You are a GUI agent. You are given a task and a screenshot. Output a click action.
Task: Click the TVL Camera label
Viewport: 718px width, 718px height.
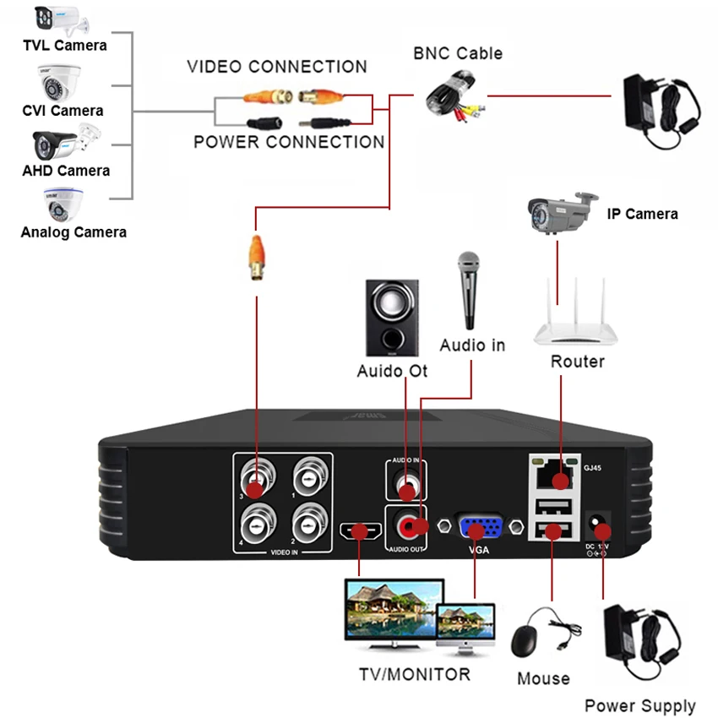click(64, 45)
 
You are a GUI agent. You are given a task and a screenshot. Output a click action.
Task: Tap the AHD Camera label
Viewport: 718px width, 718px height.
click(66, 170)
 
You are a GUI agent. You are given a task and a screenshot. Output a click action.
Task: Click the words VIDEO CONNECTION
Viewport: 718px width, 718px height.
click(277, 67)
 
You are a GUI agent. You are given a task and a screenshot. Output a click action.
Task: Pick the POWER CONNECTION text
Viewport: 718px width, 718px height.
click(289, 142)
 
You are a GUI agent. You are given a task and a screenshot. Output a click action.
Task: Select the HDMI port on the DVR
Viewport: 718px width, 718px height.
click(360, 532)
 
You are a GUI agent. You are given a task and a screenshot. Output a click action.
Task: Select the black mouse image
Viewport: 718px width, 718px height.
click(530, 641)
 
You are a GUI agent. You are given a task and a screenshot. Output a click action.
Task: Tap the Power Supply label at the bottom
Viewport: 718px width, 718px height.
click(640, 705)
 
